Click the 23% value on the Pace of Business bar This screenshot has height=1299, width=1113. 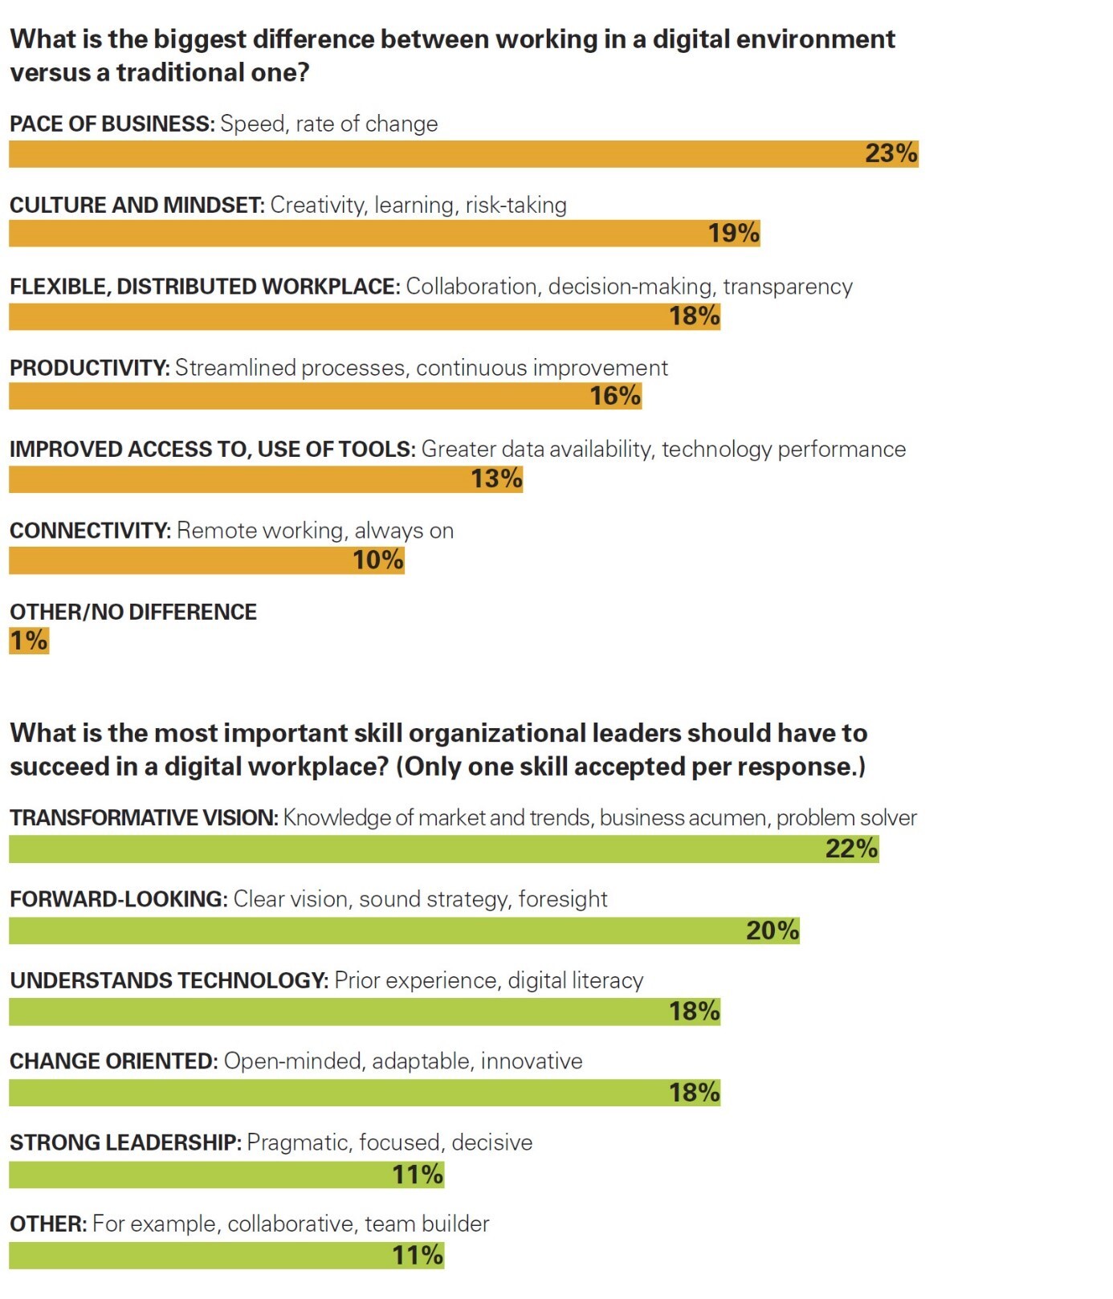[891, 153]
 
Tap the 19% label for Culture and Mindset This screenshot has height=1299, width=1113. [733, 234]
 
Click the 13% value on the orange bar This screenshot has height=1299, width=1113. [496, 478]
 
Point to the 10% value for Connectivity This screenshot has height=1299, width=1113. [377, 560]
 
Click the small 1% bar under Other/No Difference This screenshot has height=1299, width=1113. [29, 641]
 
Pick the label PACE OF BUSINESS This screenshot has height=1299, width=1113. [112, 124]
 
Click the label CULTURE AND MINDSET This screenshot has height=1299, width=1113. [137, 205]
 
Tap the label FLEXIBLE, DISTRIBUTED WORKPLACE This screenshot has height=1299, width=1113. [204, 287]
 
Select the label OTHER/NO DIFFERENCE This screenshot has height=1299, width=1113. [133, 612]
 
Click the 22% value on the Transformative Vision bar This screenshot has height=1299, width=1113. [851, 849]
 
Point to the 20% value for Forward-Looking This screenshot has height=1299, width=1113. [773, 930]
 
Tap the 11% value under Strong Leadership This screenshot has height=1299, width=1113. [418, 1175]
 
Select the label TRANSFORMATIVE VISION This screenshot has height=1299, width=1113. [144, 817]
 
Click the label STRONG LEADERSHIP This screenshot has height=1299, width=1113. [125, 1142]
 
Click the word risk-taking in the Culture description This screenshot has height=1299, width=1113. [516, 205]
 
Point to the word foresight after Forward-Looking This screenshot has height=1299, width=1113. [562, 899]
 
